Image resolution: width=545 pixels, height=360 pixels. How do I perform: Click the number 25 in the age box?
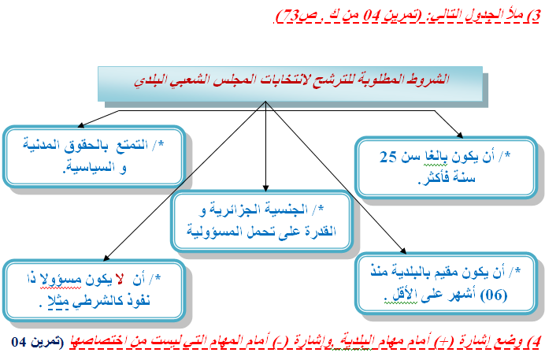pos(388,157)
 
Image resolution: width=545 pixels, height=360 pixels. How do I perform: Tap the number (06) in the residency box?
pos(494,295)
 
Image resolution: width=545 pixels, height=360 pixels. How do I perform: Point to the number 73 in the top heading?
pos(291,16)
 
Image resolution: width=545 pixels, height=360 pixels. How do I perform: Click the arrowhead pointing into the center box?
pos(265,187)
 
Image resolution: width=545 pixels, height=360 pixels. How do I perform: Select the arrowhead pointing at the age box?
pos(459,135)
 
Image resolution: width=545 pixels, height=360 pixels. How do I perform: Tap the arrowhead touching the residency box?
pos(402,251)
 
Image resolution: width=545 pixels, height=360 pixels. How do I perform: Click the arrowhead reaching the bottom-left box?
pos(106,258)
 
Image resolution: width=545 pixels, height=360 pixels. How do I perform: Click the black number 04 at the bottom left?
pos(18,342)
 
